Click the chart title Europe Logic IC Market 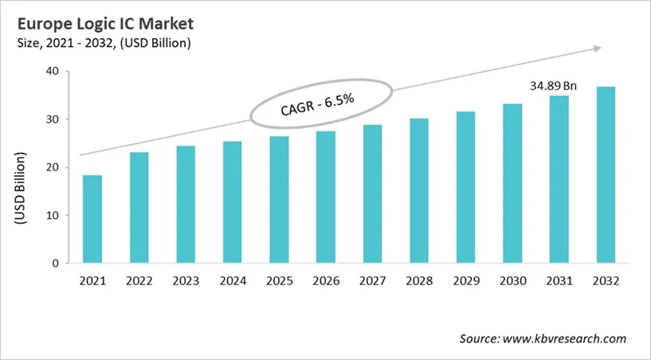pyautogui.click(x=103, y=23)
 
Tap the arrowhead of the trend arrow pyautogui.click(x=594, y=49)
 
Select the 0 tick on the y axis pyautogui.click(x=55, y=263)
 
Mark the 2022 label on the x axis pyautogui.click(x=139, y=281)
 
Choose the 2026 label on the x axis pyautogui.click(x=325, y=281)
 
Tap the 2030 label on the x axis pyautogui.click(x=512, y=281)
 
